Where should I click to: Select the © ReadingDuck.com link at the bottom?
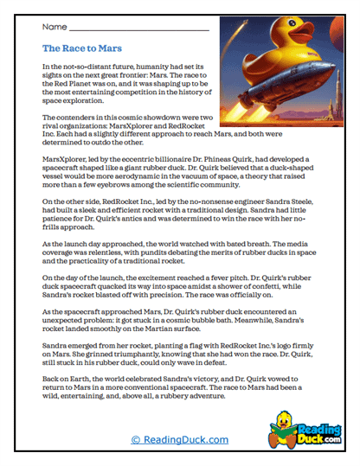pyautogui.click(x=179, y=440)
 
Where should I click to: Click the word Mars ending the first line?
pyautogui.click(x=196, y=66)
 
